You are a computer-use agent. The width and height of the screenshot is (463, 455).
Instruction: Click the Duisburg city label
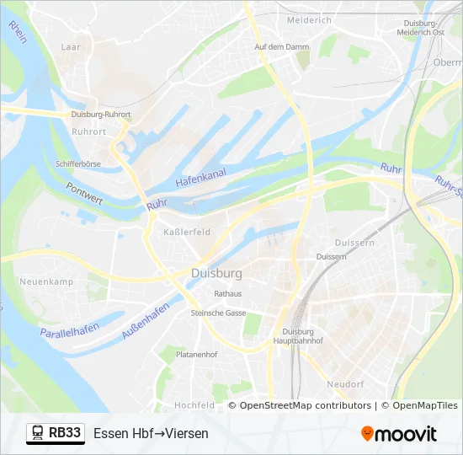(216, 274)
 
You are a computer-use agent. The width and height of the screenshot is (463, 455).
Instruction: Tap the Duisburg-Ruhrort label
(101, 114)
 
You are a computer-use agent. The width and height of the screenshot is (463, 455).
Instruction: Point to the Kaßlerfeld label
(186, 232)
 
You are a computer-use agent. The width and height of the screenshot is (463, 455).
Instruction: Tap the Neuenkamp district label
(46, 281)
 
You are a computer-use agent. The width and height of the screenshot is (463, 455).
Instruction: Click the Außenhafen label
(146, 320)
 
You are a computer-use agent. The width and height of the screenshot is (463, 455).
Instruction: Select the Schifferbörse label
(78, 163)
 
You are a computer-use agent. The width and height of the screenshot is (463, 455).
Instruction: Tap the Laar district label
(71, 48)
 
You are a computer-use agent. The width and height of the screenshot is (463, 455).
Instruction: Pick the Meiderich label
(310, 19)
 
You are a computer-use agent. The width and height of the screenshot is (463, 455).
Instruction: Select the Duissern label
(331, 256)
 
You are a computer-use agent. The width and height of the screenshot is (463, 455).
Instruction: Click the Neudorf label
(345, 383)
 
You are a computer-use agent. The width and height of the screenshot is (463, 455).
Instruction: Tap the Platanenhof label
(196, 355)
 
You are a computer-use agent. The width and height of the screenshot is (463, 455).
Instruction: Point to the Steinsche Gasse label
(218, 313)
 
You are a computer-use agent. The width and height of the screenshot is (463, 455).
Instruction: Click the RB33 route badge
(56, 433)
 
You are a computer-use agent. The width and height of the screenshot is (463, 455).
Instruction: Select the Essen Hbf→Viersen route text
(151, 434)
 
